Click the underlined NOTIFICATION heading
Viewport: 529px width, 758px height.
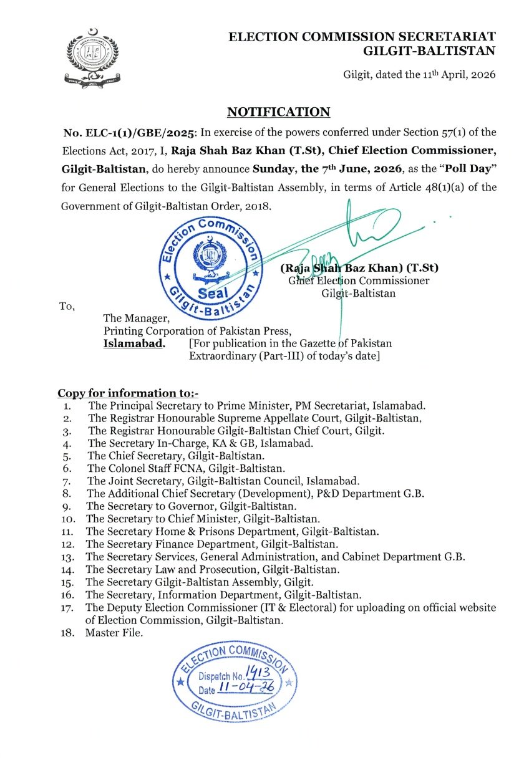pyautogui.click(x=278, y=112)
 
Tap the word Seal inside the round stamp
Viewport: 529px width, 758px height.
pyautogui.click(x=208, y=292)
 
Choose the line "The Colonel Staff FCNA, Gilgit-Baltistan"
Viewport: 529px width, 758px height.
pyautogui.click(x=186, y=468)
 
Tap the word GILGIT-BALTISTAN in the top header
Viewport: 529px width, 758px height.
pyautogui.click(x=429, y=51)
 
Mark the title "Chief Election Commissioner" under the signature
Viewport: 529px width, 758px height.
pyautogui.click(x=359, y=281)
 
